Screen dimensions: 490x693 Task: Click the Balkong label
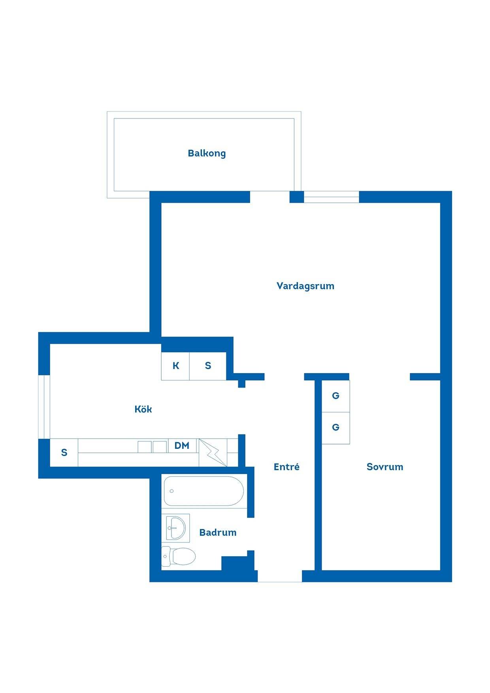click(207, 153)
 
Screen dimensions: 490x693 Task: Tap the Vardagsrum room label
click(305, 286)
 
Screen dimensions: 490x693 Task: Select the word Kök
click(143, 409)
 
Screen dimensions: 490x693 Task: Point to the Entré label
click(286, 467)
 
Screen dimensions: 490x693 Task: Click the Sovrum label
click(385, 467)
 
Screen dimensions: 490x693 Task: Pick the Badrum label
click(218, 532)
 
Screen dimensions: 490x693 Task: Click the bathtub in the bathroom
click(204, 491)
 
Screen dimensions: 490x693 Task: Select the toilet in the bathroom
click(179, 557)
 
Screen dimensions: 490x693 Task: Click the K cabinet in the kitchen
click(175, 366)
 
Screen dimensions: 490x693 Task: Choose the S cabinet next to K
click(208, 366)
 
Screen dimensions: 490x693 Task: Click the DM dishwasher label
click(182, 446)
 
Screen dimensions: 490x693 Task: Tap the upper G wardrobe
click(335, 396)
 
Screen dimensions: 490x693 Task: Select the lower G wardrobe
click(335, 428)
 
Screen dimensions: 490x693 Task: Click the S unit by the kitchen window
click(64, 453)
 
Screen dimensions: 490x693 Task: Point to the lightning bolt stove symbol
click(213, 452)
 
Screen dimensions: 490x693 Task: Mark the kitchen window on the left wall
click(44, 407)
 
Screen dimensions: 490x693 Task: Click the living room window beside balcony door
click(332, 197)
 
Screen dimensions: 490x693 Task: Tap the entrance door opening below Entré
click(280, 576)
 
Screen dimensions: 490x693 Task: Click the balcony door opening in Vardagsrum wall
click(270, 197)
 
